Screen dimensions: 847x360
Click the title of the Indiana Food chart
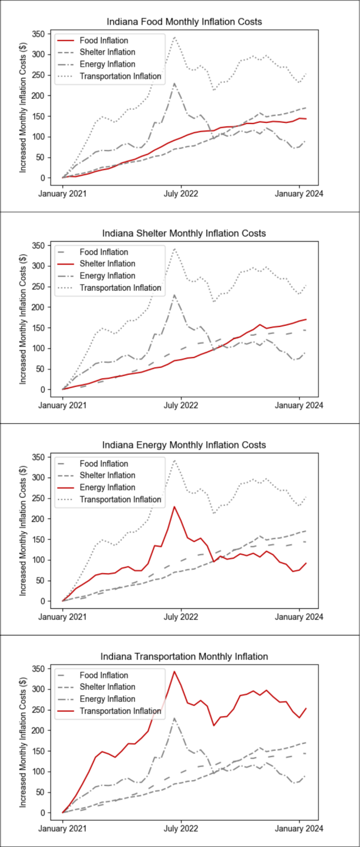coord(185,22)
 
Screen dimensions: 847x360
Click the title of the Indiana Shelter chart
coord(185,233)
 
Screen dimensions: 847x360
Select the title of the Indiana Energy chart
coord(185,444)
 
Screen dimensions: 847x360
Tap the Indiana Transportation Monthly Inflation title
coord(185,656)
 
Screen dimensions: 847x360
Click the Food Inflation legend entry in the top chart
coord(104,41)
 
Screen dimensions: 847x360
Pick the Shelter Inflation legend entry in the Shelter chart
coord(107,264)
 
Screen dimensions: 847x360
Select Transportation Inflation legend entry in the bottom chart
coord(121,711)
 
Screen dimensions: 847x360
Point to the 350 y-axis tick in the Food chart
coord(37,34)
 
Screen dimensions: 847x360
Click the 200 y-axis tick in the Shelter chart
coord(37,307)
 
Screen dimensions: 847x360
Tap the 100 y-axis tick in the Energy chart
coord(37,560)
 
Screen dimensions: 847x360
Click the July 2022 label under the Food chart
coord(181,194)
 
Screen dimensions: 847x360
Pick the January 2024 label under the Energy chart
coord(299,617)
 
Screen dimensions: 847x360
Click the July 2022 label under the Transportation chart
coord(181,828)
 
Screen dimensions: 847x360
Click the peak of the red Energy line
coord(174,507)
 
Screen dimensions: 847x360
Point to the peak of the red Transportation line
coord(174,672)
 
